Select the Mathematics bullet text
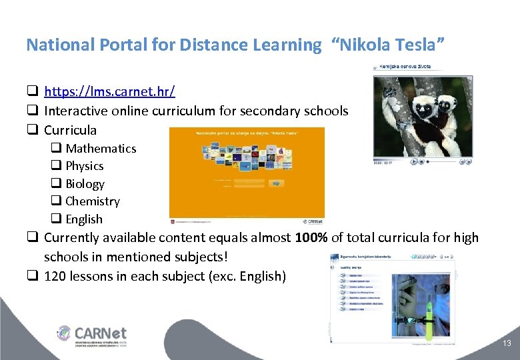click(x=101, y=149)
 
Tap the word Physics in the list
click(x=85, y=166)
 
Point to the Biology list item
click(x=85, y=184)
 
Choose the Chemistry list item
click(x=93, y=201)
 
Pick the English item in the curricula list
click(x=84, y=219)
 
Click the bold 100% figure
click(x=311, y=237)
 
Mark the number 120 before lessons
click(x=55, y=276)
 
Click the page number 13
click(x=507, y=343)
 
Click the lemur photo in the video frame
click(x=423, y=113)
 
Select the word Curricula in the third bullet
click(x=70, y=130)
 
